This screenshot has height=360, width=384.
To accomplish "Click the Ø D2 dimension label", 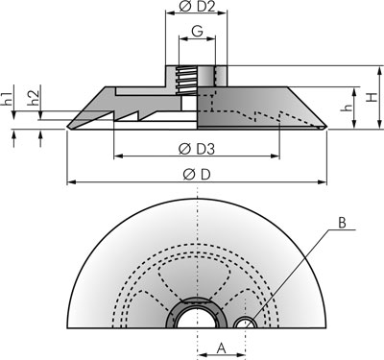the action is pos(197,7).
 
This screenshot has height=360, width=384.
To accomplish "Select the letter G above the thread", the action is pos(198,31).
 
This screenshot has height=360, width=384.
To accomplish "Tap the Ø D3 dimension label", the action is pos(197,149).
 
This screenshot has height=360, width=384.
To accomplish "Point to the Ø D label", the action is pos(197,175).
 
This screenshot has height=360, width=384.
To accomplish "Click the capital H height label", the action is pos(372,97).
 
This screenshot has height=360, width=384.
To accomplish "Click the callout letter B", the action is pos(342,223).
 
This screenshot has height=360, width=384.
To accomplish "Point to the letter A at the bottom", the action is pos(222,348).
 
